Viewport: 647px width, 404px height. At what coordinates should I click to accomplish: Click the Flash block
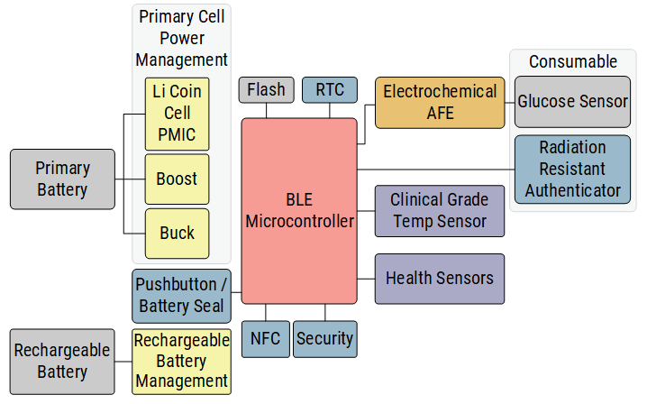point(267,89)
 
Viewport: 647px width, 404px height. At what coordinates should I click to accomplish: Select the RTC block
point(329,89)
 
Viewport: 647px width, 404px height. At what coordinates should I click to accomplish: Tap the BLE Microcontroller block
point(299,210)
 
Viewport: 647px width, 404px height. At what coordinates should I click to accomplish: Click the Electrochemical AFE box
point(440,102)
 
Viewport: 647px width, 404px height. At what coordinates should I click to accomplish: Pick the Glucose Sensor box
point(572,102)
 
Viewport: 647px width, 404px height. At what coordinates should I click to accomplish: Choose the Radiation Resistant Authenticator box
point(572,169)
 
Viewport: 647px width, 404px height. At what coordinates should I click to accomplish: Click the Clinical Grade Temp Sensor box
point(439,210)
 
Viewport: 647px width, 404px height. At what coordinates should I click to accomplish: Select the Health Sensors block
point(439,279)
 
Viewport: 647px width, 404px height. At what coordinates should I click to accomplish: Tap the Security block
point(324,339)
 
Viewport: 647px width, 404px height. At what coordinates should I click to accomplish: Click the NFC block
point(265,339)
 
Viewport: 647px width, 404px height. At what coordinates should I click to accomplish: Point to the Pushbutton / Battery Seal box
point(182,296)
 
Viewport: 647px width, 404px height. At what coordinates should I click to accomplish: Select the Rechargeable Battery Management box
point(181,362)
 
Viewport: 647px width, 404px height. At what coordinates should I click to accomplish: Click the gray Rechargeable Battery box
point(62,362)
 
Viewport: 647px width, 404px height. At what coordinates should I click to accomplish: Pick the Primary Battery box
point(62,179)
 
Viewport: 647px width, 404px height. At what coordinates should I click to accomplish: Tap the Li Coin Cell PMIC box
point(177,114)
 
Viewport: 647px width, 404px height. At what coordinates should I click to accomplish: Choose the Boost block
point(177,179)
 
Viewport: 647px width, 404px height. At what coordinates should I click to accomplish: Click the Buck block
point(177,234)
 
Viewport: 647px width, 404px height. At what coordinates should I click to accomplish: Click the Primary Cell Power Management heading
point(181,39)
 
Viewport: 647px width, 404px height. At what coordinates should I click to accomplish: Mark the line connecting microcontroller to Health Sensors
point(366,279)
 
